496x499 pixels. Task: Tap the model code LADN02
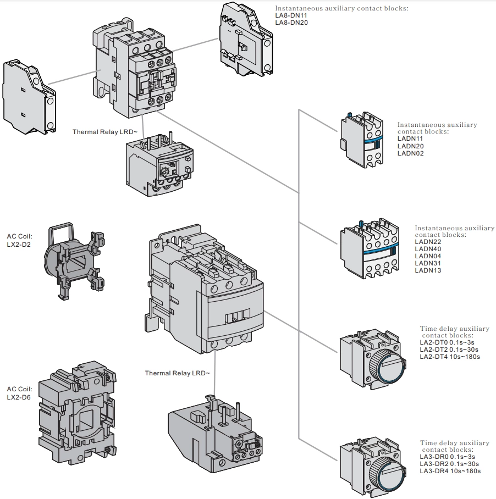click(410, 153)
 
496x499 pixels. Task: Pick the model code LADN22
click(428, 242)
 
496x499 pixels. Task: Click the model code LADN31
click(428, 263)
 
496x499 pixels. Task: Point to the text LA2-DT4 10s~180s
click(449, 357)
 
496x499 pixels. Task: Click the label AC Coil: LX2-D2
click(19, 240)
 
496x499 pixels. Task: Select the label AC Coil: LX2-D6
click(19, 393)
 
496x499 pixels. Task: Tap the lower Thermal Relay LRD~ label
click(177, 373)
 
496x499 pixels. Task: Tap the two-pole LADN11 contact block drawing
click(360, 141)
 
